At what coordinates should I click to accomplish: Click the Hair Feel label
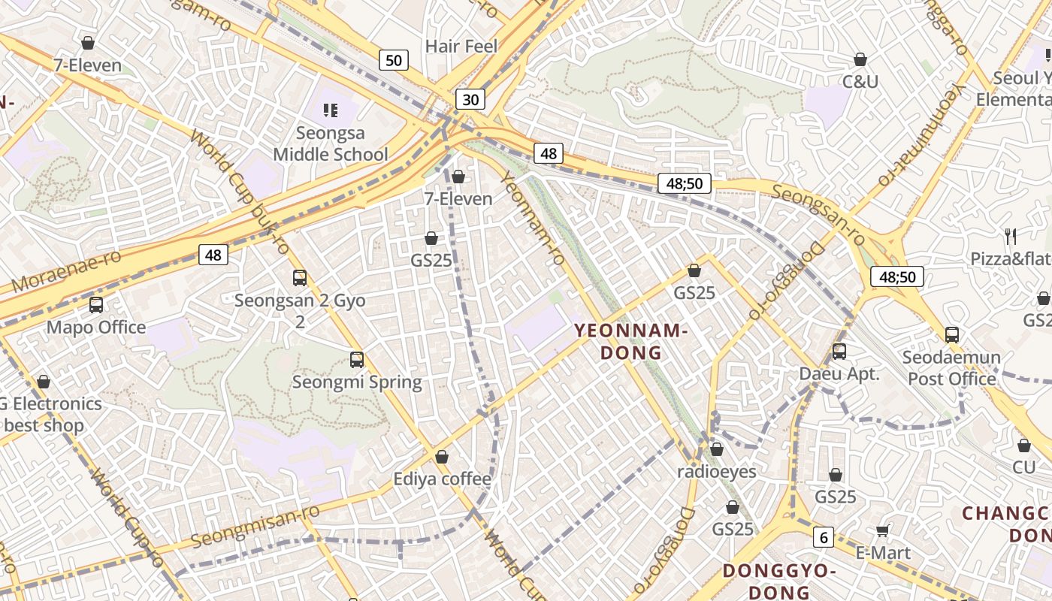coord(461,47)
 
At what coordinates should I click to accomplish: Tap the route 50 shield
coord(394,60)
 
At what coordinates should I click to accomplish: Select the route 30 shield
coord(470,99)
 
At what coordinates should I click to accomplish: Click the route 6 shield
coord(824,537)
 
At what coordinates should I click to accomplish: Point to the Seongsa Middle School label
coord(331,144)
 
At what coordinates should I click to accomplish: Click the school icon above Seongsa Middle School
coord(331,110)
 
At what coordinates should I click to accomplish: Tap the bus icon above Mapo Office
coord(96,305)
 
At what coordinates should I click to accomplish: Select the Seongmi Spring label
coord(357,382)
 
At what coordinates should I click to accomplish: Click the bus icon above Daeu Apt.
coord(839,351)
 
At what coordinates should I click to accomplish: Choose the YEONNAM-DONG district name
coord(631,341)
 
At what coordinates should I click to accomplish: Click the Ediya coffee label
coord(442,479)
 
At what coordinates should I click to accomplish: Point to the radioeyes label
coord(717,472)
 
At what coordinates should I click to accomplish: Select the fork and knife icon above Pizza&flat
coord(1011,237)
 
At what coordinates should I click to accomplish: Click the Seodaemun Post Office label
coord(951,368)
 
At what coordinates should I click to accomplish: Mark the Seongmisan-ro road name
coord(255,526)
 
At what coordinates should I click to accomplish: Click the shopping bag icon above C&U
coord(860,59)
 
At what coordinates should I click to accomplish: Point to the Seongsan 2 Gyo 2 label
coord(300,311)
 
